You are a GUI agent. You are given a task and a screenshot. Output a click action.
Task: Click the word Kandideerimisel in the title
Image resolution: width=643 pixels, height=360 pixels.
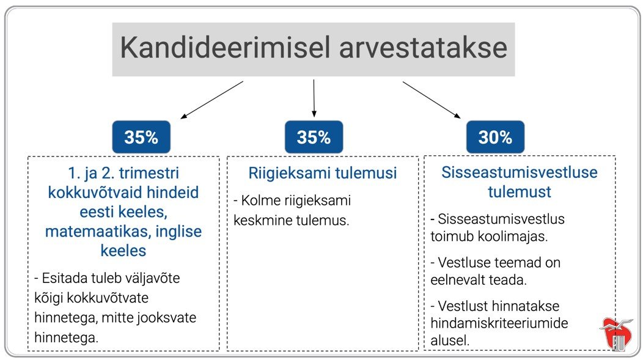[225, 48]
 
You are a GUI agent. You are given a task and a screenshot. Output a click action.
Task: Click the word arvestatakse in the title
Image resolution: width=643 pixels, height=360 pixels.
[423, 48]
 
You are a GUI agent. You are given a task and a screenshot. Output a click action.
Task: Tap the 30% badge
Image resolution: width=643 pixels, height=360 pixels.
[495, 137]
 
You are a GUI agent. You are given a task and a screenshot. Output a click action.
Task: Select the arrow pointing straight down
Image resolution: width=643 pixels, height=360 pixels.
[314, 98]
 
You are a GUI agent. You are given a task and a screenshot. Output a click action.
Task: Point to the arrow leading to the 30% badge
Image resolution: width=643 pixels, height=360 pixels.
[432, 100]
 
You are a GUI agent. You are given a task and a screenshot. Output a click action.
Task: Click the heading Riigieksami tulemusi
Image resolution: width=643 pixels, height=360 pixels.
[322, 173]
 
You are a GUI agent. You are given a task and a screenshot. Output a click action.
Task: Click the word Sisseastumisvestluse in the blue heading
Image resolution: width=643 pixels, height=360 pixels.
[519, 172]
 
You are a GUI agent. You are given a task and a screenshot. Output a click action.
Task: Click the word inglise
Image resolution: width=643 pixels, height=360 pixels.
[179, 232]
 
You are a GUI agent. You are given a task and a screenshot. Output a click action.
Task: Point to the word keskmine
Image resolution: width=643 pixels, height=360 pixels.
[262, 220]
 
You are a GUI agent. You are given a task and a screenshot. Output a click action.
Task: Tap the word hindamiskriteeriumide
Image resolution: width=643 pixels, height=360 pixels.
[499, 323]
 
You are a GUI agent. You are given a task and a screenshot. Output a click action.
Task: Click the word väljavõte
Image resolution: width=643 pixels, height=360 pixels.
[152, 278]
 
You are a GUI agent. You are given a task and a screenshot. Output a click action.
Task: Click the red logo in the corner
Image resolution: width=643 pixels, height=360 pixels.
[617, 333]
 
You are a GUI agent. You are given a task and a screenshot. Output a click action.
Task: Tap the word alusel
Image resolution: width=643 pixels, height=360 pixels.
[450, 340]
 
